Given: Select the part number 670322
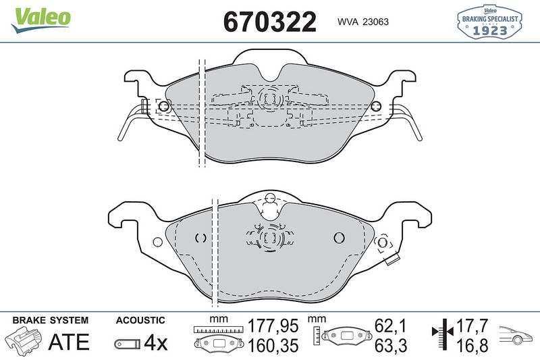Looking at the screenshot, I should [270, 22].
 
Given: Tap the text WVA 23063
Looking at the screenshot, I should [362, 21].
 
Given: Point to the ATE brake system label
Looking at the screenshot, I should [68, 342].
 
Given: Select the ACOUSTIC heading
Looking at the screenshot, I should [140, 320].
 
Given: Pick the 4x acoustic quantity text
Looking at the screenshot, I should [156, 342].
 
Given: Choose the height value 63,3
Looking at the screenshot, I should [392, 346].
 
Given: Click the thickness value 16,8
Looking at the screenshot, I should [471, 346].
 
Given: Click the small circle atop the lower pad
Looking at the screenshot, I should [270, 199].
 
